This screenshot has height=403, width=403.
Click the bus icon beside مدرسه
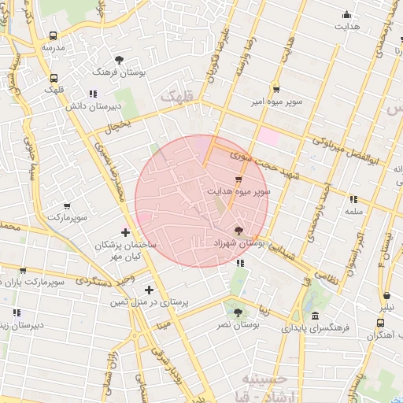tap(53, 36)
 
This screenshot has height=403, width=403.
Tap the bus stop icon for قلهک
tap(54, 78)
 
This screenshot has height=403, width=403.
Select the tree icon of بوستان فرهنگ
tap(119, 60)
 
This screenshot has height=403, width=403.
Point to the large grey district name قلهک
tap(178, 97)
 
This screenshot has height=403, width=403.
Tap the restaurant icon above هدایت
tap(346, 14)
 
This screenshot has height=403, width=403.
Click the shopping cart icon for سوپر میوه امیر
tap(275, 90)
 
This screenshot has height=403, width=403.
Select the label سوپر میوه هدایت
tap(238, 191)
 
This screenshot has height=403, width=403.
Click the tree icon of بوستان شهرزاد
tap(238, 231)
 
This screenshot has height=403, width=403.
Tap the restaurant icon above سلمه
tap(353, 199)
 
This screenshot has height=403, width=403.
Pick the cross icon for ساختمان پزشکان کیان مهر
tap(125, 231)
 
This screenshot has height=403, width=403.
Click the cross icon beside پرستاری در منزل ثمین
tap(149, 290)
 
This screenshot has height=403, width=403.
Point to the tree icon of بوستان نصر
tap(238, 312)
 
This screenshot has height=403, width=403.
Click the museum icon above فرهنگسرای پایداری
tap(315, 316)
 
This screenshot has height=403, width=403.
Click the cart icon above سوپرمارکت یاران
tap(22, 270)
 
